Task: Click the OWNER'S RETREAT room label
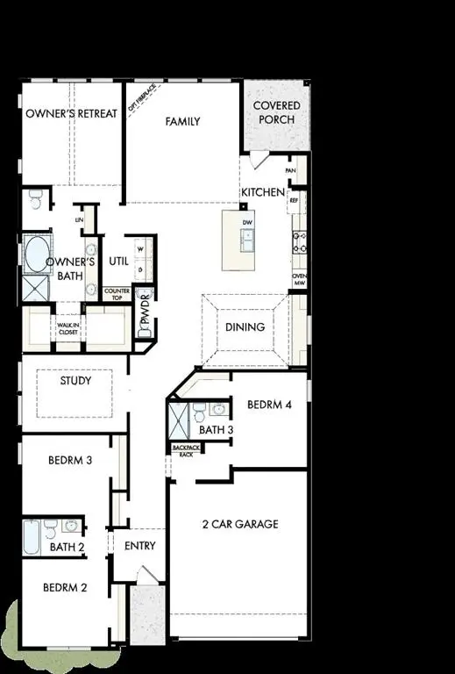(x=71, y=114)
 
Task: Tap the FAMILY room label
(x=183, y=122)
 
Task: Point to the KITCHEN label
(x=263, y=192)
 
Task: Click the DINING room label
(x=245, y=326)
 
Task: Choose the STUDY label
(x=75, y=382)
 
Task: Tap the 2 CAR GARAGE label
(x=239, y=524)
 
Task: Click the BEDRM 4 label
(x=268, y=405)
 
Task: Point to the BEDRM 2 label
(x=66, y=588)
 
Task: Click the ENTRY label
(x=140, y=546)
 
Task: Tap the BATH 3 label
(x=216, y=430)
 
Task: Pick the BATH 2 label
(x=68, y=548)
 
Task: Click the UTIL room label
(x=118, y=261)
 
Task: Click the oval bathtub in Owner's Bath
(x=37, y=255)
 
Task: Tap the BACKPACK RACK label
(x=185, y=450)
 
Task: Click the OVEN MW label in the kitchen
(x=299, y=279)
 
